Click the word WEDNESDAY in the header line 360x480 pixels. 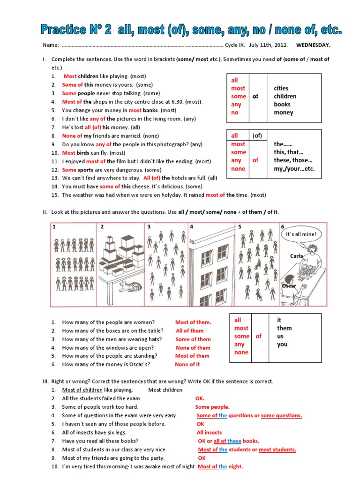[x=313, y=45]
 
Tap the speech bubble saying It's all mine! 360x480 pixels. [x=301, y=234]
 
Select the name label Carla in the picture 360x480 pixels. [x=297, y=256]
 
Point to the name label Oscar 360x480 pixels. [x=289, y=285]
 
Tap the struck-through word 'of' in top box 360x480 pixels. [x=255, y=96]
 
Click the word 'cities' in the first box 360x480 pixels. [x=281, y=88]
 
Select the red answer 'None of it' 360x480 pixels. [x=187, y=364]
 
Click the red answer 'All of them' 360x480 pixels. [x=189, y=330]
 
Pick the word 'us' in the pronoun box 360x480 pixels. [x=280, y=336]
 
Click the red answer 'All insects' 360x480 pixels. [x=209, y=433]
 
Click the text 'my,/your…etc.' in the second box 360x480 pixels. [x=294, y=169]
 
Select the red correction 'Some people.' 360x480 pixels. [x=212, y=407]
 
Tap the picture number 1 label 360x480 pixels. [x=54, y=227]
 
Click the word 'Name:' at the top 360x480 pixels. [x=51, y=45]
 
